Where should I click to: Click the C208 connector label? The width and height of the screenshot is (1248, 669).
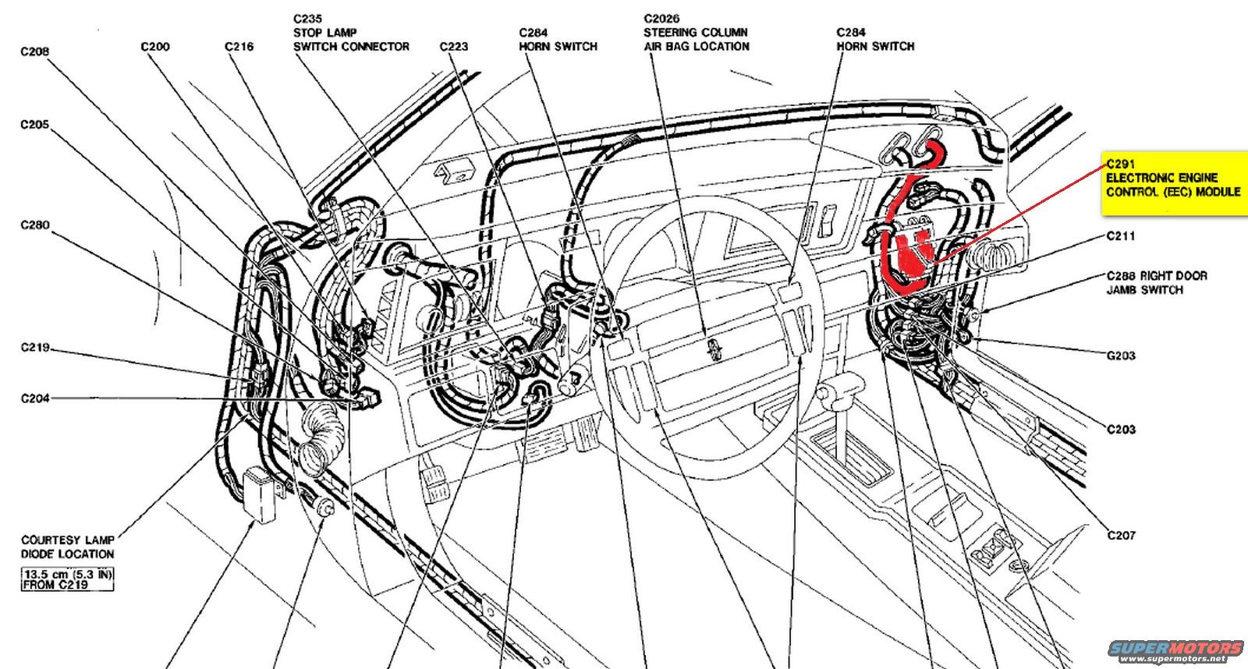click(35, 52)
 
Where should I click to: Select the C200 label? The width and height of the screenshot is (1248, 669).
click(155, 47)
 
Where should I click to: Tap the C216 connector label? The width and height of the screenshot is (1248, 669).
click(239, 47)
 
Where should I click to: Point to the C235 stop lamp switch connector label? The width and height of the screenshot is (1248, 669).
click(351, 33)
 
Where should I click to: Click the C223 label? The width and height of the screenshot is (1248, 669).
click(453, 47)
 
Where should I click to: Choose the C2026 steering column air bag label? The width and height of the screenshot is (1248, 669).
click(696, 33)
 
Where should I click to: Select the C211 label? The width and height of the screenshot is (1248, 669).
click(1120, 236)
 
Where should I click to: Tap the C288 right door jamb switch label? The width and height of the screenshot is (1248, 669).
click(1156, 282)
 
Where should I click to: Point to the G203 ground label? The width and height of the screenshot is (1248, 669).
click(1121, 356)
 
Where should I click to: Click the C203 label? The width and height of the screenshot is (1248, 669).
click(1121, 430)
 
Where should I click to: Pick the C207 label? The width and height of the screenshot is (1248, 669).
click(1121, 536)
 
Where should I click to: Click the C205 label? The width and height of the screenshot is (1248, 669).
click(35, 125)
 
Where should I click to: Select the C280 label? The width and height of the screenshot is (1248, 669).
click(35, 225)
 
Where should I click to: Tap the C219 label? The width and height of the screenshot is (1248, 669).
click(35, 347)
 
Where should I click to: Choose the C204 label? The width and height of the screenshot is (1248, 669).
click(35, 398)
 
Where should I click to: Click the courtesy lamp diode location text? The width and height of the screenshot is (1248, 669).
click(68, 547)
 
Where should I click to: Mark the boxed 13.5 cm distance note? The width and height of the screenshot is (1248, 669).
click(68, 579)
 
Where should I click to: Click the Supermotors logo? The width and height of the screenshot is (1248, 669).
click(1176, 650)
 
